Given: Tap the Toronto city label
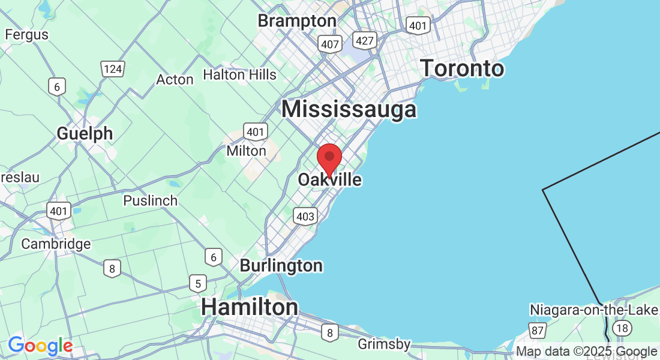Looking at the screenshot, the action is (x=461, y=68).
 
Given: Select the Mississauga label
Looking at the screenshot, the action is (x=349, y=109).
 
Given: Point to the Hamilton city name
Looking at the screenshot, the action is (x=249, y=307).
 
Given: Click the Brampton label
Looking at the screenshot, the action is (x=296, y=21).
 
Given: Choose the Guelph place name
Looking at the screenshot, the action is (x=85, y=133).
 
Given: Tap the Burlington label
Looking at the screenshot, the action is (x=281, y=265).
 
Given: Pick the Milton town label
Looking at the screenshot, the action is (x=246, y=151).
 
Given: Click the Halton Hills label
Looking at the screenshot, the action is (x=239, y=74).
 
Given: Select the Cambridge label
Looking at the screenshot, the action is (x=56, y=244).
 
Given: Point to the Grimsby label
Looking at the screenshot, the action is (x=384, y=344).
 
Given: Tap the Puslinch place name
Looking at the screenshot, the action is (x=150, y=200).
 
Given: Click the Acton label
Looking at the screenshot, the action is (x=175, y=79).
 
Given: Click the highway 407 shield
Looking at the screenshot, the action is (x=331, y=43).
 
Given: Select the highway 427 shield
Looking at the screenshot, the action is (x=364, y=40).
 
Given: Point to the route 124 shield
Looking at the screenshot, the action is (x=112, y=69).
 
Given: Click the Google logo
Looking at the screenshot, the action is (x=40, y=346).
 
